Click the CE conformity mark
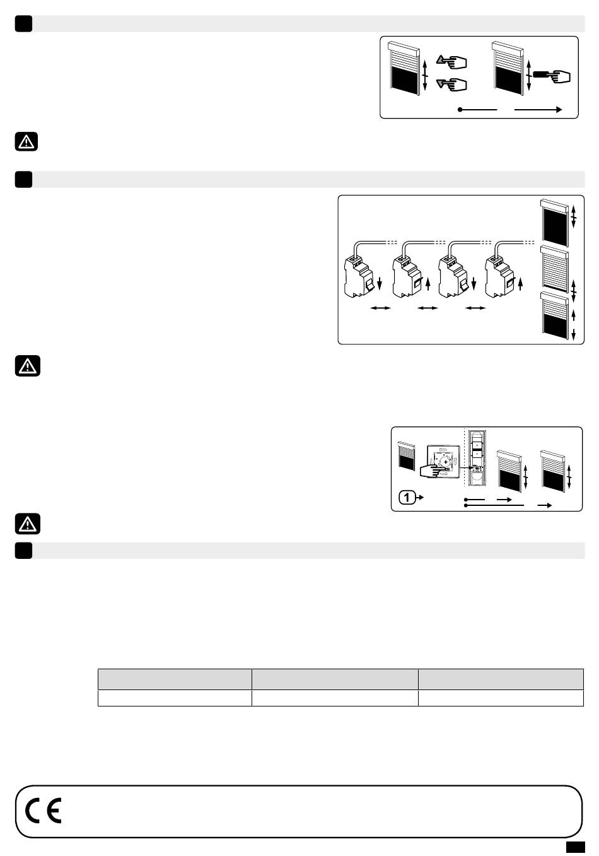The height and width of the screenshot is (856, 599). coord(43,811)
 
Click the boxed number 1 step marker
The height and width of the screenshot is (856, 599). coord(407,497)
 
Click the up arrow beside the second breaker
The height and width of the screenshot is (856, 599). coord(428,284)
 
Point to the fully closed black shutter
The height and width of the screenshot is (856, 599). coord(554,223)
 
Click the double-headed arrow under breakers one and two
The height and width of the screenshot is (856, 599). coord(381,308)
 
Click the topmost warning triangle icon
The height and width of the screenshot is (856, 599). coord(26,142)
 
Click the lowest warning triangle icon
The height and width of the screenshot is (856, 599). coord(28,524)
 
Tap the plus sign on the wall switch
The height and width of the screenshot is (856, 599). coord(446,462)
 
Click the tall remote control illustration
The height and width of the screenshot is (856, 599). coord(477,459)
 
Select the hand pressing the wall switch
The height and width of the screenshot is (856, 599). coord(434,469)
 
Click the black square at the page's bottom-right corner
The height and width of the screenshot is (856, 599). coord(575,847)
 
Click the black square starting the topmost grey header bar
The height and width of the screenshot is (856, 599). coord(23,24)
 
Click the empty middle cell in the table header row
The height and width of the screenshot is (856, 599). coord(335,679)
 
